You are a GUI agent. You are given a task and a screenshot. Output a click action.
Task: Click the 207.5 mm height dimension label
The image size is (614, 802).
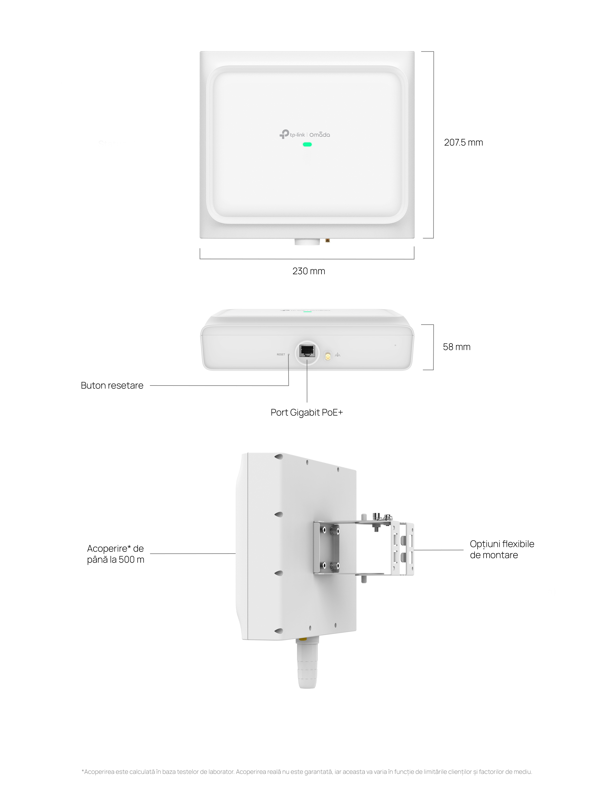(463, 142)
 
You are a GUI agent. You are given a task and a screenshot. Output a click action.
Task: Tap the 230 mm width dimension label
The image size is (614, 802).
(309, 271)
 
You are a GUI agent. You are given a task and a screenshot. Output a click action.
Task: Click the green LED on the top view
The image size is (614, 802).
(307, 144)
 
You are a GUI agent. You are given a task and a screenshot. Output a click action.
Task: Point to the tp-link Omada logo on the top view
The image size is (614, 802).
(305, 135)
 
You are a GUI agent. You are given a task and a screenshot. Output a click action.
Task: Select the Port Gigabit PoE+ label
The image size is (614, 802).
(307, 412)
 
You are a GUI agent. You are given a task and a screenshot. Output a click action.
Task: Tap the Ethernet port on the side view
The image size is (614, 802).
(307, 351)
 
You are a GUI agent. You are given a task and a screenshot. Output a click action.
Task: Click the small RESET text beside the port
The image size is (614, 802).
(281, 354)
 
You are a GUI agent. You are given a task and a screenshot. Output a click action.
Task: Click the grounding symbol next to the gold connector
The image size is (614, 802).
(338, 355)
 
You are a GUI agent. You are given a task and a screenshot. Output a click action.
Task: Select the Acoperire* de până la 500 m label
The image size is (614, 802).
(115, 554)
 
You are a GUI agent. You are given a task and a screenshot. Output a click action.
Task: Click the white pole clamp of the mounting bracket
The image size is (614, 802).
(403, 549)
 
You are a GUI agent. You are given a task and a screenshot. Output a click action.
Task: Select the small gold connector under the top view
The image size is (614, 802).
(327, 241)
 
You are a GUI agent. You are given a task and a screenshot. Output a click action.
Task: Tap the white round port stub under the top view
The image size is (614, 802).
(307, 241)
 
